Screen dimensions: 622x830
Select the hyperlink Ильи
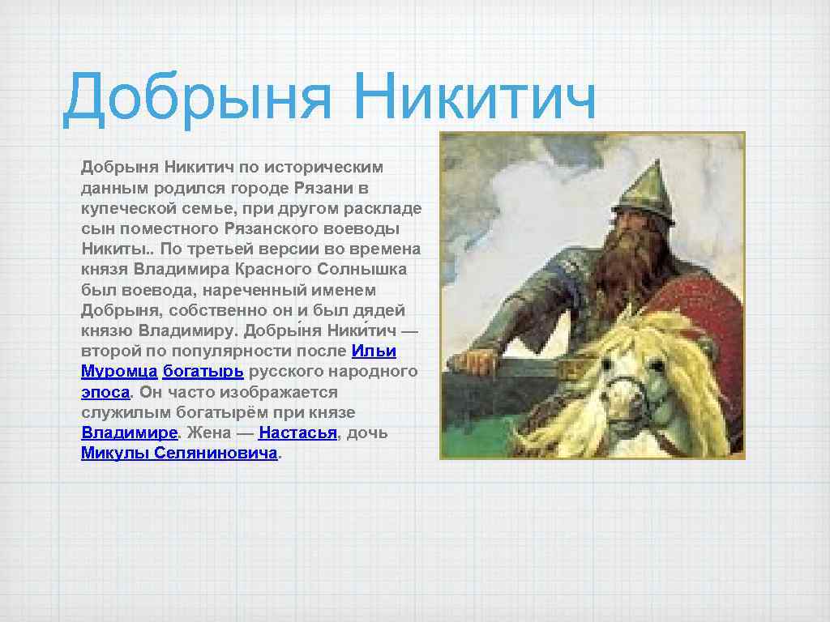point(374,351)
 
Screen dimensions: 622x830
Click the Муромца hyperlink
point(119,371)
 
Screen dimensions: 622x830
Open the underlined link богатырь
point(203,371)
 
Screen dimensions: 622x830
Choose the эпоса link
point(105,391)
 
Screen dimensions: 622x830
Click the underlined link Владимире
point(129,432)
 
